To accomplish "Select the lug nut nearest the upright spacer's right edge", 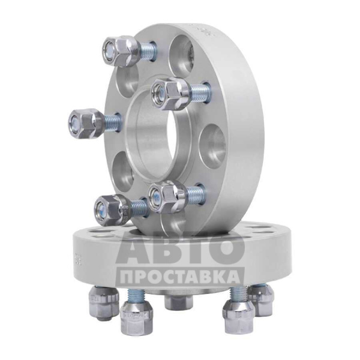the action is tap(170, 94).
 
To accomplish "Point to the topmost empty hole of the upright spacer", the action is tap(182, 56).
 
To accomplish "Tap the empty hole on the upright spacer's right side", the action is tap(212, 146).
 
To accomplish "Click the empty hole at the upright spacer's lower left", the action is tap(123, 172).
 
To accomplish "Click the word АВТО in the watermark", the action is tap(180, 250).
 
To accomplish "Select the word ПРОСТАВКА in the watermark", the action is tap(180, 277).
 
